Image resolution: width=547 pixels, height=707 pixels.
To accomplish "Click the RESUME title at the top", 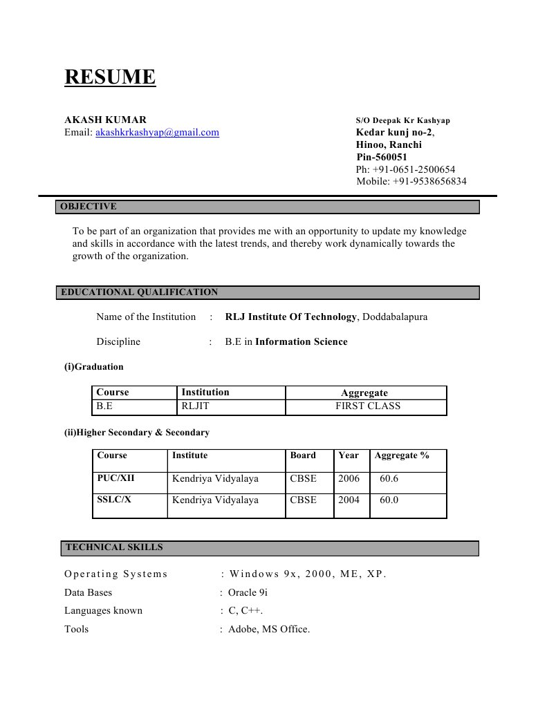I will [110, 77].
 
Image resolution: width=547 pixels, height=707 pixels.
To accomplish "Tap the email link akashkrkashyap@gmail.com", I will [157, 132].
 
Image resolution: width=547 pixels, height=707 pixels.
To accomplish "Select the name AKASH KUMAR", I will [105, 120].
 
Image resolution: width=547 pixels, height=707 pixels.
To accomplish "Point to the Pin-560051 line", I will [382, 157].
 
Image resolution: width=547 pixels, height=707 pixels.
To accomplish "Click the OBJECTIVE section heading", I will [89, 207].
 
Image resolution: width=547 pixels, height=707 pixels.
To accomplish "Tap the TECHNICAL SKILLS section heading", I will [114, 547].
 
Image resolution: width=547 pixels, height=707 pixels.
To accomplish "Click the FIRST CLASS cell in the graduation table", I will [368, 406].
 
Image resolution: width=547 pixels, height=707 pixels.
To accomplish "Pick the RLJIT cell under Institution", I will [195, 406].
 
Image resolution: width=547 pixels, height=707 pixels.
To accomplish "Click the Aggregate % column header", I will [402, 455].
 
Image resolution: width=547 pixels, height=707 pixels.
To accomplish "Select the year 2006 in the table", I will [349, 478].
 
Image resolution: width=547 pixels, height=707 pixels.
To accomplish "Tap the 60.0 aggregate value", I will [389, 500].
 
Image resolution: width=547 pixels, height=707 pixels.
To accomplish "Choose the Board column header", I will [303, 455].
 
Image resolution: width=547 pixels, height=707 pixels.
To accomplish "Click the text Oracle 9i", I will [248, 592].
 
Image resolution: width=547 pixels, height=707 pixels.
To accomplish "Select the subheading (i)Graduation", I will [94, 367].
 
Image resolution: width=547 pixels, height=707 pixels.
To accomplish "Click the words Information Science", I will [302, 341].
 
